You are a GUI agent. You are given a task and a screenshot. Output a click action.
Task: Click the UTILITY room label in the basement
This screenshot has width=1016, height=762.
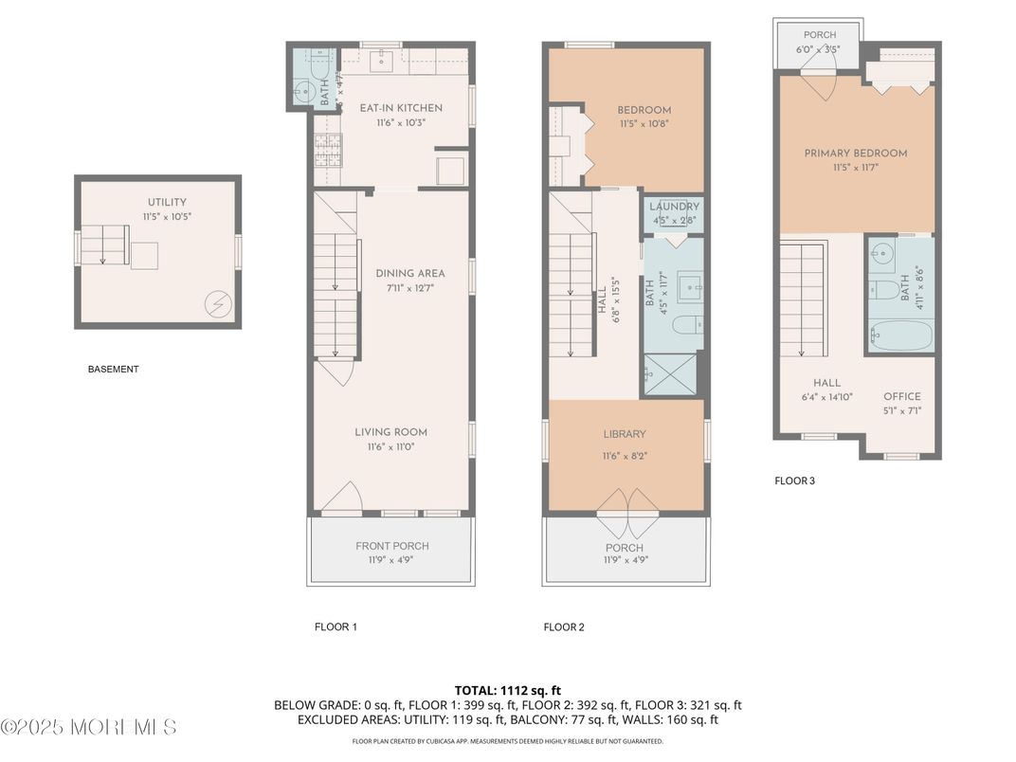click(x=166, y=202)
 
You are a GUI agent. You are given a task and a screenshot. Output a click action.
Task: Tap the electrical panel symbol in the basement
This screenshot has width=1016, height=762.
click(x=217, y=304)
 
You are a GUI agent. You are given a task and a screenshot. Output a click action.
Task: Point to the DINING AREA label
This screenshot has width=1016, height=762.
click(x=409, y=273)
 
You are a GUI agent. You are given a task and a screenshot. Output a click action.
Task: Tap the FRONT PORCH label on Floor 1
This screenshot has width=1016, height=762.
click(x=391, y=546)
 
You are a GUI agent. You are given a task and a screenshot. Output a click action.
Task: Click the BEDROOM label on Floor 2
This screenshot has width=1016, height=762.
click(x=644, y=110)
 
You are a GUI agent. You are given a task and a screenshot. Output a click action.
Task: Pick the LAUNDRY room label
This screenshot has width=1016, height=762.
click(x=675, y=207)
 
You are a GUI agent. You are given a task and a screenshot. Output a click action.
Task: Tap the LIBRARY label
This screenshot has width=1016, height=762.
click(x=625, y=434)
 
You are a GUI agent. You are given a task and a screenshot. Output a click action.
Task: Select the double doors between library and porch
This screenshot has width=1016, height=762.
click(x=626, y=503)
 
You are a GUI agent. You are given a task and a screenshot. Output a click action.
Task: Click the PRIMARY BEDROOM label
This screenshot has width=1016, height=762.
click(x=855, y=154)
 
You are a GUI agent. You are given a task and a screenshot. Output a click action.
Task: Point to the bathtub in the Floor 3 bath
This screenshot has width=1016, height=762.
click(x=899, y=335)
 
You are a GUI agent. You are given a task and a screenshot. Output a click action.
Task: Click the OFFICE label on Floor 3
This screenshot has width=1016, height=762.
click(x=901, y=397)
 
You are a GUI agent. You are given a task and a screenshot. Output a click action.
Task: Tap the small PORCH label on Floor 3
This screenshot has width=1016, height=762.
click(x=820, y=35)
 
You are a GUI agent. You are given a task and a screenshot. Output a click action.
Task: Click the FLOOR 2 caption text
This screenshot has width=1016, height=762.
click(x=565, y=626)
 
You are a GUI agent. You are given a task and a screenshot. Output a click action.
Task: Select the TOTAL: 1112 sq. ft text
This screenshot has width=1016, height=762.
click(x=508, y=690)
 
